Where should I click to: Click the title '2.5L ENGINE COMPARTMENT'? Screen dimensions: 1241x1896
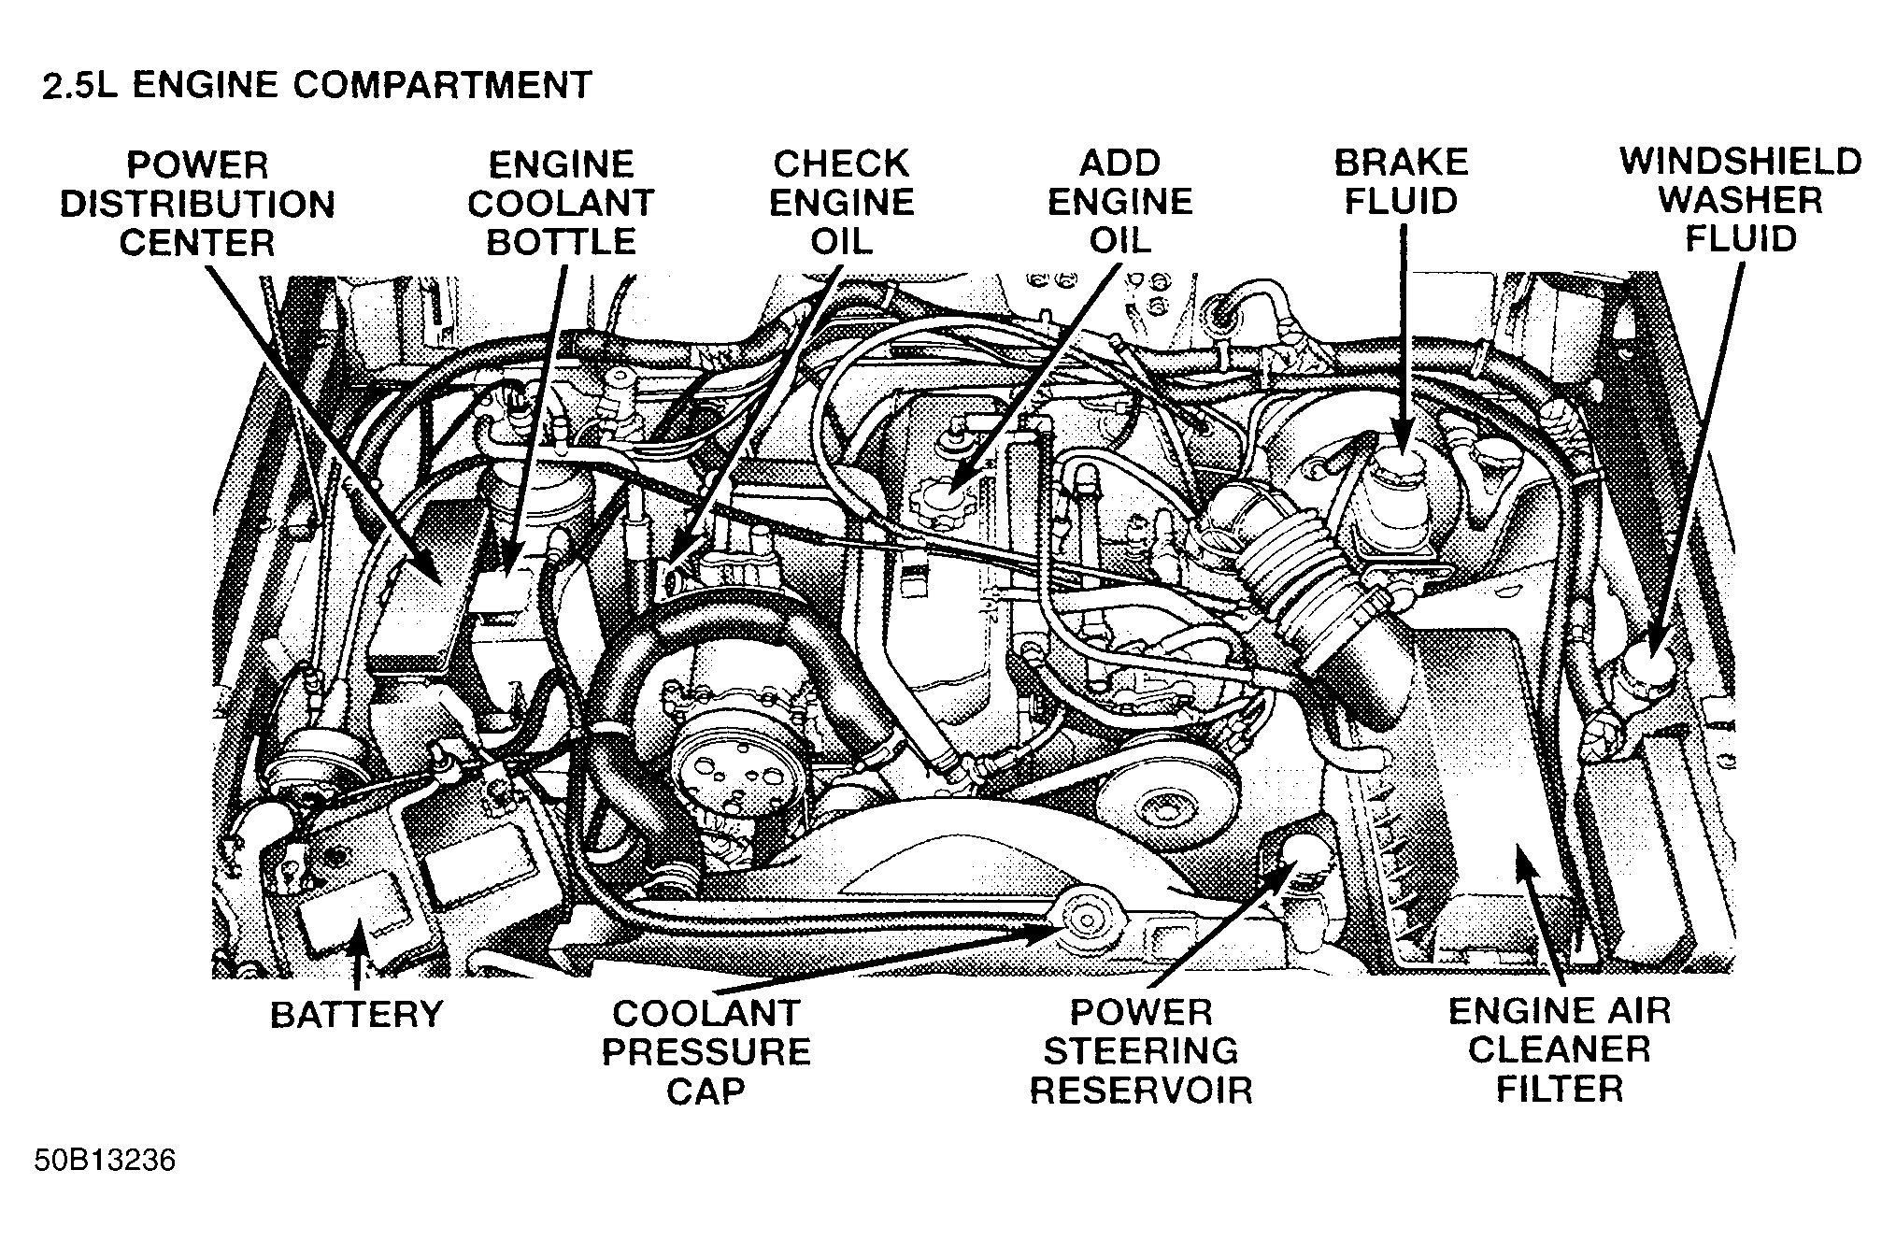click(317, 85)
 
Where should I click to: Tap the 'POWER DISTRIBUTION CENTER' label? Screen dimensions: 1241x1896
click(197, 204)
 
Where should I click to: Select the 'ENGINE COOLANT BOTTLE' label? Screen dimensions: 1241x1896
click(561, 203)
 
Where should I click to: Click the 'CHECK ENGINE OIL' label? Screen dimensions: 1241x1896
click(841, 202)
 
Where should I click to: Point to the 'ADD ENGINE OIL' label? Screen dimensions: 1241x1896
click(1119, 202)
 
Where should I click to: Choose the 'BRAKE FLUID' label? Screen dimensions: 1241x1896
click(1401, 181)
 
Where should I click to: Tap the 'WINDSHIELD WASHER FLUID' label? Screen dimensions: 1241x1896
click(1740, 200)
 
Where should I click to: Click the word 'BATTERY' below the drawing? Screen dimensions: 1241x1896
click(356, 1015)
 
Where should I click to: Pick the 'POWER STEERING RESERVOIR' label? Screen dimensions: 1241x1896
click(1140, 1051)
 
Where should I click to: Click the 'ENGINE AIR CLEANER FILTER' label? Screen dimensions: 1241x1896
click(1559, 1049)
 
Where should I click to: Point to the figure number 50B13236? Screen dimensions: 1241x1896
click(105, 1162)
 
